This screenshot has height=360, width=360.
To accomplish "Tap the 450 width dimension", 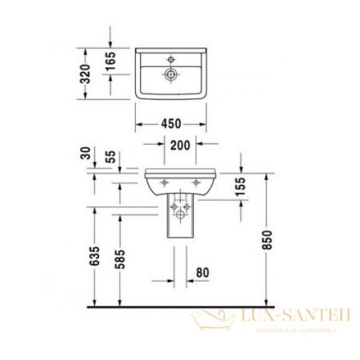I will coord(170,124).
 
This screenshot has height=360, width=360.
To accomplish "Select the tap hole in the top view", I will coord(170,58).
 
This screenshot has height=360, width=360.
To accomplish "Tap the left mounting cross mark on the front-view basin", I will coord(163,183).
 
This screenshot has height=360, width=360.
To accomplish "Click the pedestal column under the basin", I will coord(178,220).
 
